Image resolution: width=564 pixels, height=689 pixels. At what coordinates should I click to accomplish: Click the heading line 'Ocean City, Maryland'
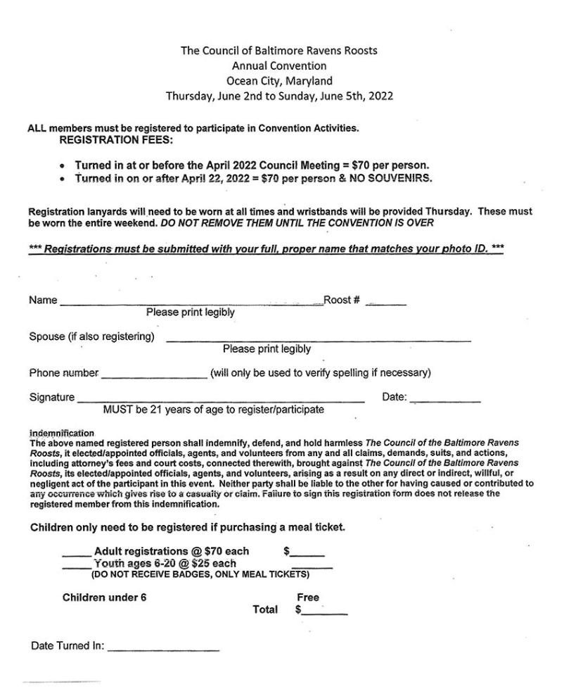[279, 81]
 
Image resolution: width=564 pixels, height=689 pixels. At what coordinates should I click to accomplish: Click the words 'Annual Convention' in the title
[279, 66]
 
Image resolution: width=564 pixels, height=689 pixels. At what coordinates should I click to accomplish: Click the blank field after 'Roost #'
[386, 303]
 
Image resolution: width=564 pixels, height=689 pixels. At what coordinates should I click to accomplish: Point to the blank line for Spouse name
[318, 339]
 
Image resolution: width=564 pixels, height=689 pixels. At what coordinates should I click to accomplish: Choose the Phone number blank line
[155, 376]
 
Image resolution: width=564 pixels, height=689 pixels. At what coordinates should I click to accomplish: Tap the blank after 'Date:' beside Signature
[445, 401]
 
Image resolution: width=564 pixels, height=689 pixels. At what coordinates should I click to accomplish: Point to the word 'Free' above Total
[309, 598]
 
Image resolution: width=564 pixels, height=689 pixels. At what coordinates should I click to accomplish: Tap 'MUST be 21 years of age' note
[214, 410]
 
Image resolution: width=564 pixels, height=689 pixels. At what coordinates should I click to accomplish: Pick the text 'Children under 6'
[105, 598]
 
